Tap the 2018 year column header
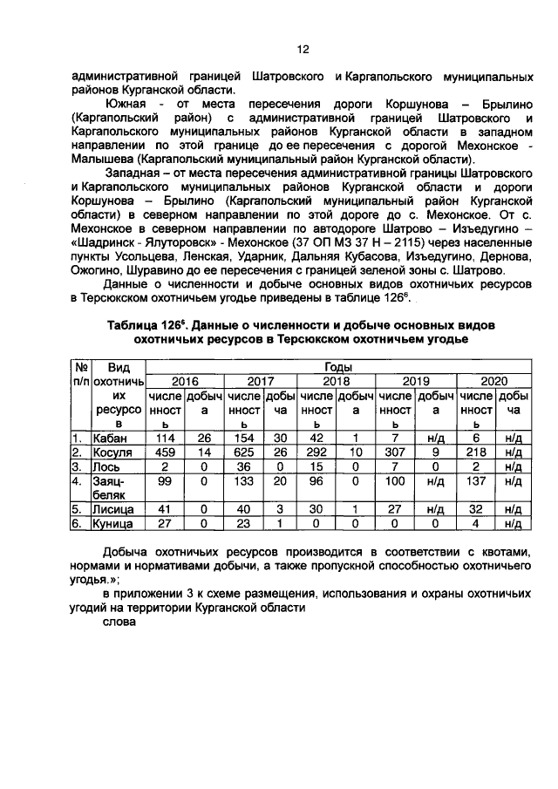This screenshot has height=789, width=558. [335, 381]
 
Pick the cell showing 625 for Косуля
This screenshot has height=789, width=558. [242, 452]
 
